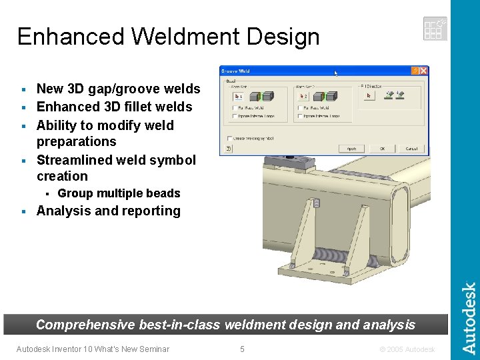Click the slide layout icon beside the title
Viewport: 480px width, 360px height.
435,29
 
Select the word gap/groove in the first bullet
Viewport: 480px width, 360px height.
111,89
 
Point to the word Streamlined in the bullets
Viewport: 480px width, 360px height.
73,160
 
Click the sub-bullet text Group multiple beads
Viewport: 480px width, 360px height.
119,193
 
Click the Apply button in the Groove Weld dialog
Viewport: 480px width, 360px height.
352,148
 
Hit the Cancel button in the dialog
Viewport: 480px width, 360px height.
411,148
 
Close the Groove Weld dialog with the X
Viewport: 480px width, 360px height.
424,70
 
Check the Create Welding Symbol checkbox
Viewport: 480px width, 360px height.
229,138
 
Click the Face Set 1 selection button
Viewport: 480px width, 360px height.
236,95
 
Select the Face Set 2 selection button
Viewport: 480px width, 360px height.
301,95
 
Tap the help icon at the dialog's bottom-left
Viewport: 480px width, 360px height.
228,149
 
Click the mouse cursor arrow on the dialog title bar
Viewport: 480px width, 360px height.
336,73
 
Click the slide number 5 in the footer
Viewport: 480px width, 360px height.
242,349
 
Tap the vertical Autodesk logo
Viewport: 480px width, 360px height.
469,318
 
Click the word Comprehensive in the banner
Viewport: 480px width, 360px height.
85,325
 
